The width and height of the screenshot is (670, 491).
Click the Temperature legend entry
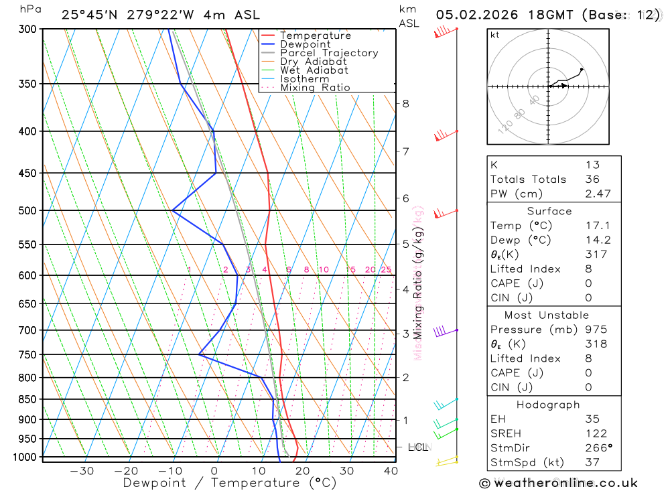pyautogui.click(x=315, y=36)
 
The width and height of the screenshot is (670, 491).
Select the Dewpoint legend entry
pyautogui.click(x=306, y=44)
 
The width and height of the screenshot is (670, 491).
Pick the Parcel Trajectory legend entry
pyautogui.click(x=329, y=53)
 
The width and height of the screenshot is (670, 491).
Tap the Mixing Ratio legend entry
pyautogui.click(x=315, y=88)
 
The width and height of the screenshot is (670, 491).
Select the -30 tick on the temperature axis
pyautogui.click(x=82, y=471)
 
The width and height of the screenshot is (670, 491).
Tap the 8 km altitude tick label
pyautogui.click(x=405, y=103)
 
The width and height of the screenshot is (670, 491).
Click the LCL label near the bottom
pyautogui.click(x=418, y=447)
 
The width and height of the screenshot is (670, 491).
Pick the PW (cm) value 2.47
pyautogui.click(x=592, y=194)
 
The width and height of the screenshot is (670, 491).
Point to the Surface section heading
pyautogui.click(x=549, y=211)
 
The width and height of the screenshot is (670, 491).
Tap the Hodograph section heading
pyautogui.click(x=549, y=405)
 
